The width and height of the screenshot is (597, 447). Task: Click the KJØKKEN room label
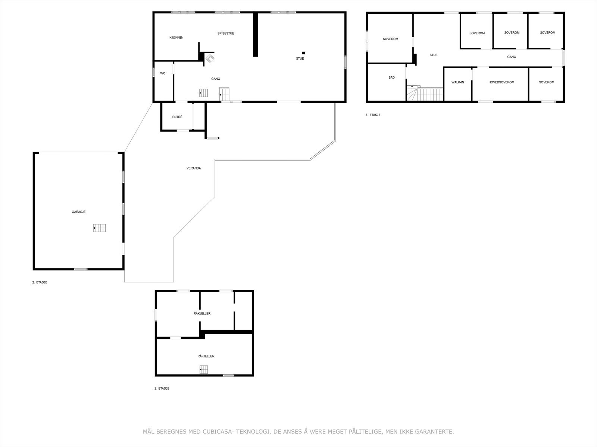tap(176, 38)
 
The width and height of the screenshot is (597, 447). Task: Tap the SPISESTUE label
tap(226, 34)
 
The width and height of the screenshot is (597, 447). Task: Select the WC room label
tap(163, 73)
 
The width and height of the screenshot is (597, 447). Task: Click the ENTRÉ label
tap(177, 117)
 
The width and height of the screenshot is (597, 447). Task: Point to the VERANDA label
tap(194, 168)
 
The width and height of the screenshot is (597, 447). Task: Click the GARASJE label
tap(79, 212)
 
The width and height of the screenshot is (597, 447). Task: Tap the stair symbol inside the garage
tap(99, 228)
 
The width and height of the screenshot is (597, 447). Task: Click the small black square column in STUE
tap(303, 53)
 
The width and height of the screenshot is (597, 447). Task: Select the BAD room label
tap(391, 77)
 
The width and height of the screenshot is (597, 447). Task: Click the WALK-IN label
tap(457, 82)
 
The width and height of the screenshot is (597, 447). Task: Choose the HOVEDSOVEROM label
tap(501, 82)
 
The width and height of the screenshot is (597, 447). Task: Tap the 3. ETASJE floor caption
tap(373, 115)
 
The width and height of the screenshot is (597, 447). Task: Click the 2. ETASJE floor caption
tap(40, 282)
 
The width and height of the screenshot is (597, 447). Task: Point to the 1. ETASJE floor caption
tap(162, 389)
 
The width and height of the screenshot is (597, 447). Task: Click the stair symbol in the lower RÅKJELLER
tap(204, 370)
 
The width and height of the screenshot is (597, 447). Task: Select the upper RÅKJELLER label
tap(202, 314)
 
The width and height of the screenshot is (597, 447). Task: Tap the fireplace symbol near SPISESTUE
tap(210, 58)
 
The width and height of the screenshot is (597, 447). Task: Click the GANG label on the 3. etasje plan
tap(512, 57)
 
